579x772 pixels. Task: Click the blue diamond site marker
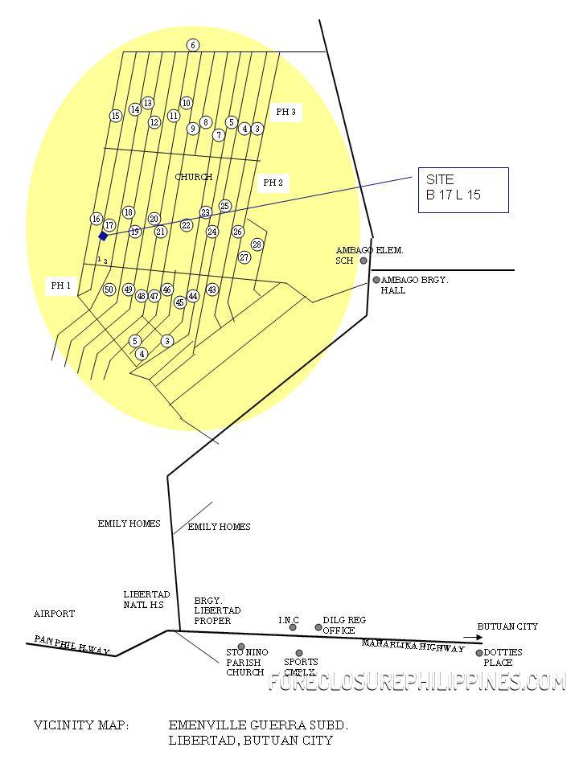[103, 236]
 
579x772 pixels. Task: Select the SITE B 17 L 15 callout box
[462, 190]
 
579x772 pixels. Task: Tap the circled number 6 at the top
[193, 45]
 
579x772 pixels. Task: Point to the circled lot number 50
[109, 289]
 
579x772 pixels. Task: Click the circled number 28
[257, 244]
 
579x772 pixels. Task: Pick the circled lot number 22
[187, 226]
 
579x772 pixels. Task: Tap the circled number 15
[116, 116]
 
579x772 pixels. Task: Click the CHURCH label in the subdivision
[194, 177]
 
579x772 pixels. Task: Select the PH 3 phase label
[285, 113]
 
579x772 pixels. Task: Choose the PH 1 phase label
[61, 285]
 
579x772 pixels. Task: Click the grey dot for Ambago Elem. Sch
[363, 261]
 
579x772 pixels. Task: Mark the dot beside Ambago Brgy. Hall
[376, 280]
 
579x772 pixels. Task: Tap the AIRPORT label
[54, 614]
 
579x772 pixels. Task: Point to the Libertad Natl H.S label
[146, 599]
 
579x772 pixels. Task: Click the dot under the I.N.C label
[293, 627]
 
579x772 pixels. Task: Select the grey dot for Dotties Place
[479, 653]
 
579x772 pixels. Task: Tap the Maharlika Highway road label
[413, 646]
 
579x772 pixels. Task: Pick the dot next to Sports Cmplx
[299, 653]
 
